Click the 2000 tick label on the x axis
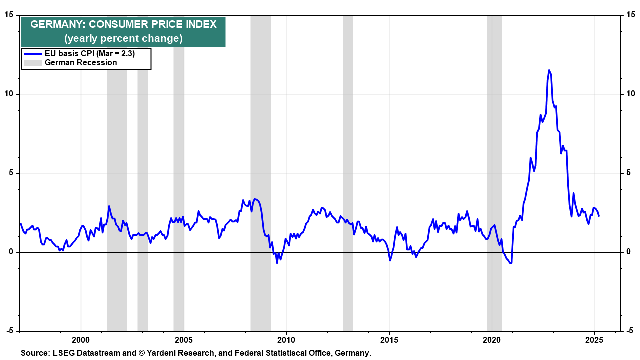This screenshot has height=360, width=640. point(81,340)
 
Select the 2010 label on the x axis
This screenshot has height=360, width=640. point(286,340)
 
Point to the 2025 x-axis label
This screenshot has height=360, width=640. point(594,340)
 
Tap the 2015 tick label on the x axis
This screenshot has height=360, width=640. point(389,340)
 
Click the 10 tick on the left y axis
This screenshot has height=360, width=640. point(10,94)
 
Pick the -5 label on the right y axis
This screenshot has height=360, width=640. point(630,331)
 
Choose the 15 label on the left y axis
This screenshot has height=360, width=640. point(10,15)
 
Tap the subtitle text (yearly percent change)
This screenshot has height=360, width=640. point(123,38)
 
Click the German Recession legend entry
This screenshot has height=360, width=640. point(81,62)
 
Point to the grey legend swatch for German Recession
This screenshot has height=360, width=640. point(33,62)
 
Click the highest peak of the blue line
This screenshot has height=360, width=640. point(549,70)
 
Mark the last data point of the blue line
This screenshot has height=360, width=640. point(599,216)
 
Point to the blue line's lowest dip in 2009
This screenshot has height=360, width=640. point(277,262)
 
